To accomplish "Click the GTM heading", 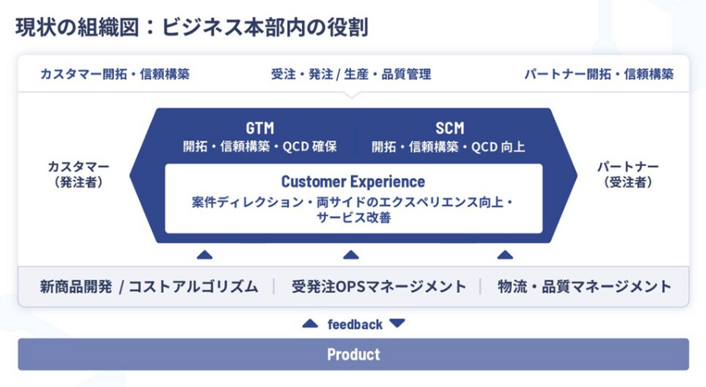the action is point(260,128).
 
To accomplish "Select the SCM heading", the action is point(450,128).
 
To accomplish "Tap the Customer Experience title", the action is point(353,182).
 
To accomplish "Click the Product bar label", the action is point(353,354).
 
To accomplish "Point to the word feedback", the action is point(355,324).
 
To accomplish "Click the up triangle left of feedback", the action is point(310,324).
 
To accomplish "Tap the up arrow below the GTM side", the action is point(204,255).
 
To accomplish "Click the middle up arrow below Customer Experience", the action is point(351,255).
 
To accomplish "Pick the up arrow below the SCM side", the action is point(505,255).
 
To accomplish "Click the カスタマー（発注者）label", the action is point(78,174).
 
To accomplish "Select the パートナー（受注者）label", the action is point(628,174).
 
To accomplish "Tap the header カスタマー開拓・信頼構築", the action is point(115,74).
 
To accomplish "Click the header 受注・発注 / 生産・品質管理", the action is point(351,74).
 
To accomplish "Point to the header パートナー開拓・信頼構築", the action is point(599,74).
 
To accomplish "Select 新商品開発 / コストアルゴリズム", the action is point(149,287).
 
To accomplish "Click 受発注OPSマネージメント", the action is point(378,287).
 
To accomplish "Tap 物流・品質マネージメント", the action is point(584,287).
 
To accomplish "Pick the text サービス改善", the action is point(353,218).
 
